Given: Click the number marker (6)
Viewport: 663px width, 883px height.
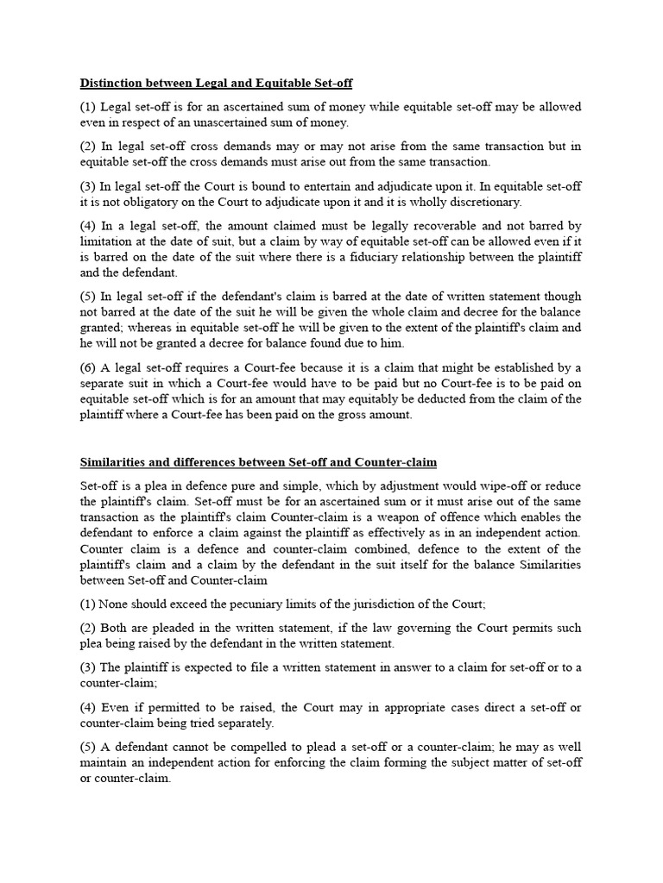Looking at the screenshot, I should (90, 368).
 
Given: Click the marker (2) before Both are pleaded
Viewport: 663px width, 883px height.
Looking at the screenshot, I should (90, 627).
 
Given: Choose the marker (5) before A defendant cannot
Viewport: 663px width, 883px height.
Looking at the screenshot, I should (90, 746).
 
